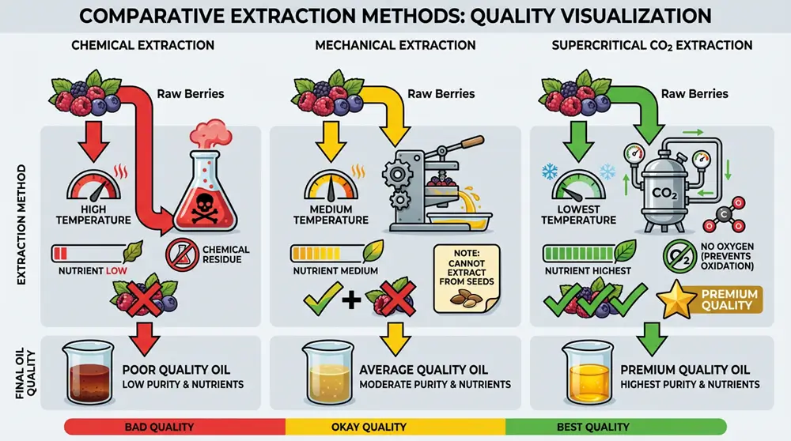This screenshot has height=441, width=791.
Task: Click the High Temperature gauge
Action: pos(95,188)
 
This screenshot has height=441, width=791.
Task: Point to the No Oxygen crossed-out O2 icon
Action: pos(677,254)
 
